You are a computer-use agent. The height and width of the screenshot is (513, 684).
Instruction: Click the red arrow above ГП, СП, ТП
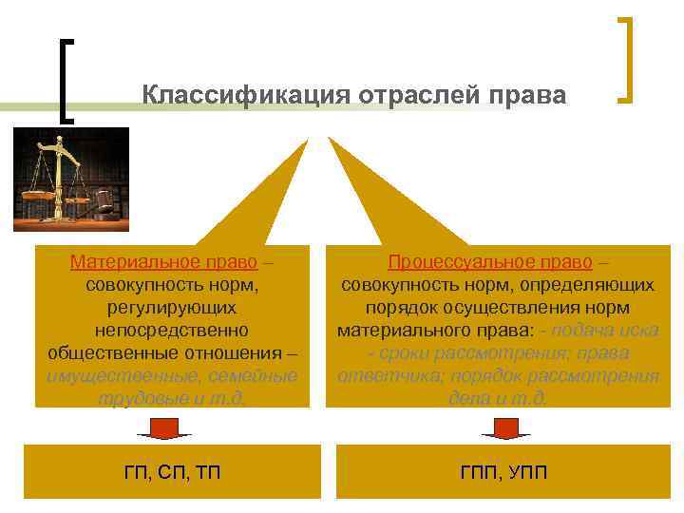coord(163,427)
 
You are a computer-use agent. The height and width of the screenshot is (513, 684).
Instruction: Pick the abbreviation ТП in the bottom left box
coord(207,472)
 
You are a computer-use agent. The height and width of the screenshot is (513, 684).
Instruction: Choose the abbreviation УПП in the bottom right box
coord(528,472)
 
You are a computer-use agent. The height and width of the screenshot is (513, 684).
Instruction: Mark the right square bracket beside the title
coord(625,59)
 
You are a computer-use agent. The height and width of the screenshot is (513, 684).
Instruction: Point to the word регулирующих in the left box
coord(172,308)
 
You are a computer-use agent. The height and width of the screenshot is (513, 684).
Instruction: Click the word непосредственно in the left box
coord(172,331)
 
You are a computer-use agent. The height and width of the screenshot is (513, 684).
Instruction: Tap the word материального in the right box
coord(392,331)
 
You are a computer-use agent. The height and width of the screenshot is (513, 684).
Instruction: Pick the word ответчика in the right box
coord(380,375)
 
